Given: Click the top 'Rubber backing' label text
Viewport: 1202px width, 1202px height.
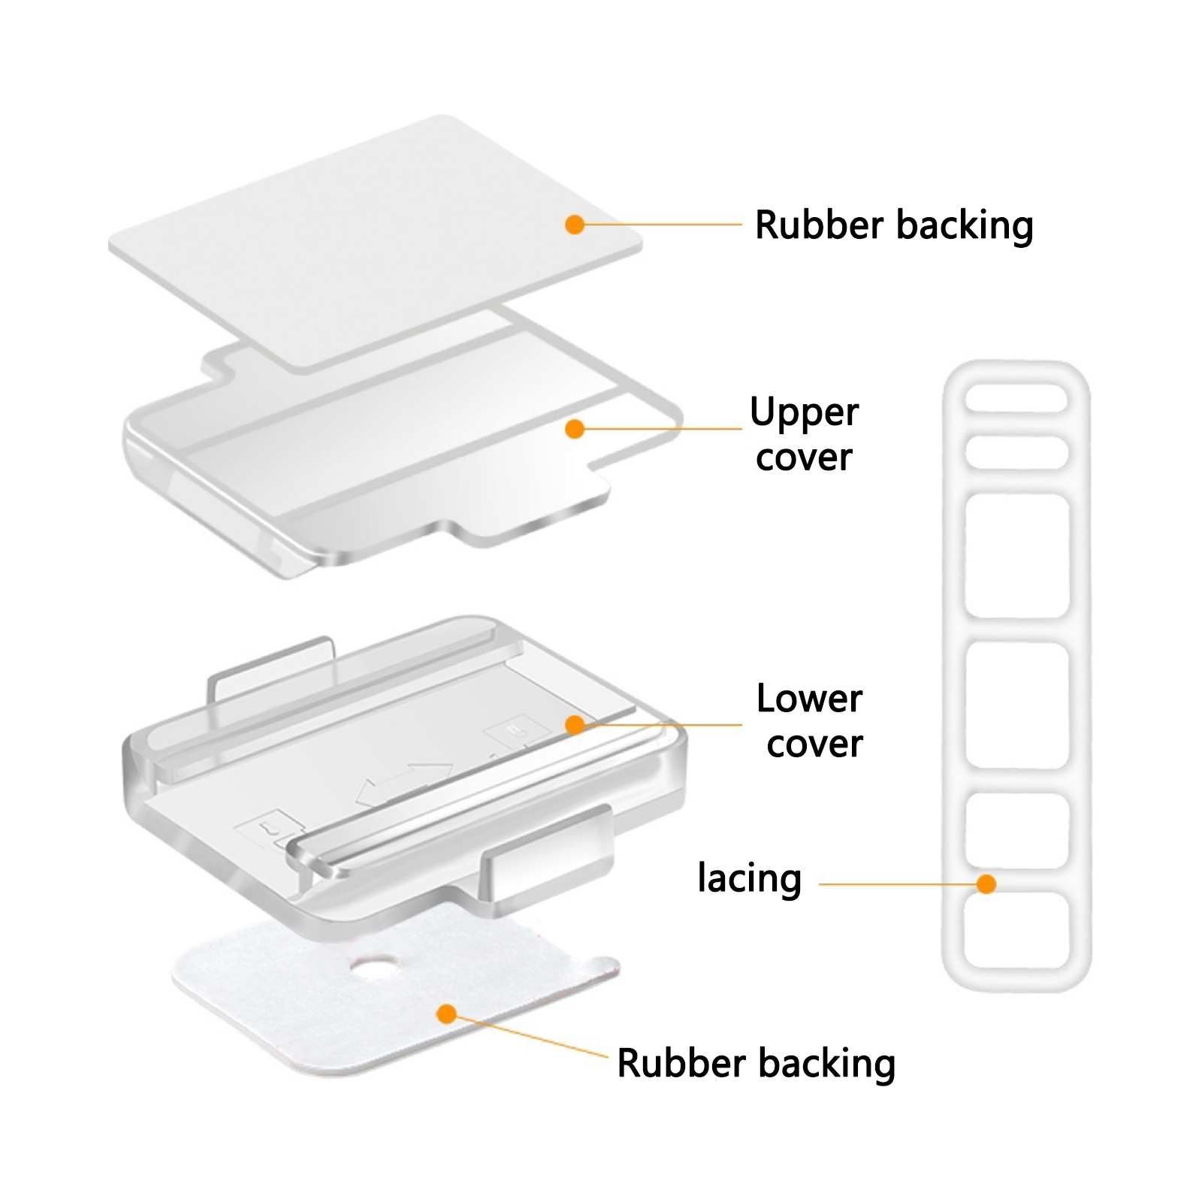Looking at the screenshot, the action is click(894, 225).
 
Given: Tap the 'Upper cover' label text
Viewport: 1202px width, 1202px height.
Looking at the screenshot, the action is click(805, 434).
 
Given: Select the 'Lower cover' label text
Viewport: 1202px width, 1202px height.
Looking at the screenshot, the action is click(811, 720).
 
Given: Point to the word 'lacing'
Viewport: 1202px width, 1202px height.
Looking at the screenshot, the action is click(750, 879).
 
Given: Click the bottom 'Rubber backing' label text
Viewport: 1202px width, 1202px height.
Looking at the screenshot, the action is click(757, 1064).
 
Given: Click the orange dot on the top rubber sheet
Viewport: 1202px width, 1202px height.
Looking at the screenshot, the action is click(575, 224).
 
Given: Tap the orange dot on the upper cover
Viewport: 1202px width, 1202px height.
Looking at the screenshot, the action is click(575, 428).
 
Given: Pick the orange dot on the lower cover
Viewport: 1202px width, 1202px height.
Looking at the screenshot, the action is click(575, 724).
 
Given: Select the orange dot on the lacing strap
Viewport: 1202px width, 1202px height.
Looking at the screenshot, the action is click(986, 884).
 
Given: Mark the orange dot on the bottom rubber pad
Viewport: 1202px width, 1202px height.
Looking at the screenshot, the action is click(447, 1014).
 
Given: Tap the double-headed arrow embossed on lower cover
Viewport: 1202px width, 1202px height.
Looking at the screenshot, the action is click(404, 785).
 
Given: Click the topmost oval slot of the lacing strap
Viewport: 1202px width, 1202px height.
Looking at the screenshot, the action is click(1016, 398).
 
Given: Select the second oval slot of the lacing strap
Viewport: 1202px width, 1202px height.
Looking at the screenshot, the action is click(1016, 452).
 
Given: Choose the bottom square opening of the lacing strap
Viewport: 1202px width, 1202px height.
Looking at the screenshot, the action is click(1016, 931).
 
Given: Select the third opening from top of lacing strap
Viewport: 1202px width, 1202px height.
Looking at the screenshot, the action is click(1016, 556).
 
